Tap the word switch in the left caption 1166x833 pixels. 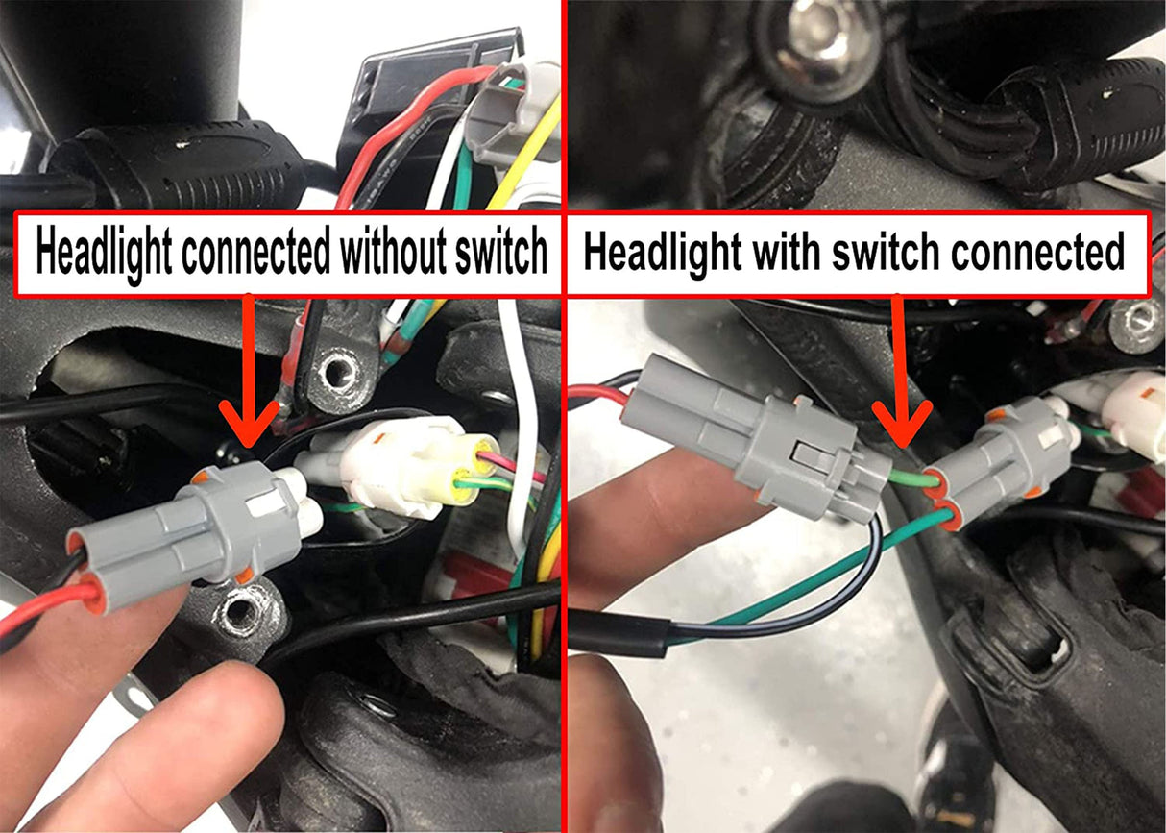[499, 253]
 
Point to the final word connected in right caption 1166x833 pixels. [1037, 253]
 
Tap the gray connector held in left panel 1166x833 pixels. [192, 528]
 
